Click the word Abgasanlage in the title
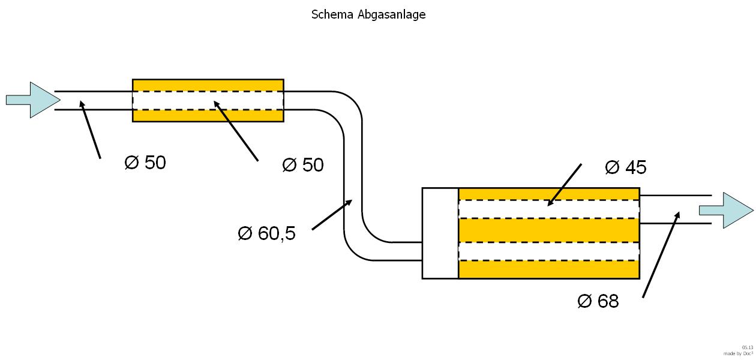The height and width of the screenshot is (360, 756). coord(391,14)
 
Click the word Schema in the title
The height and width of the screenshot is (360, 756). coord(332,14)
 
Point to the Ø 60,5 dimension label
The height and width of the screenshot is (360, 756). coord(267,233)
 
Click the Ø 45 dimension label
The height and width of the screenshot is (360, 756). coord(626,167)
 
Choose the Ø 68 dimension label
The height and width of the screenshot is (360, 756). coord(598,301)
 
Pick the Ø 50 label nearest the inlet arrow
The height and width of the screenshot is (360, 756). coord(145,162)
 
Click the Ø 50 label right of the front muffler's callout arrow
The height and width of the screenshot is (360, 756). coord(303,164)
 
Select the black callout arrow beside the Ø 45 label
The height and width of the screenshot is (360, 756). coord(565,184)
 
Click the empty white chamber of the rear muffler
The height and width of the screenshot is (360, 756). coord(440,233)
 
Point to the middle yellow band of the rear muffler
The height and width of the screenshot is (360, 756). coord(548,230)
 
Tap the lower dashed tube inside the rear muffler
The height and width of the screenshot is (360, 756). coord(548,251)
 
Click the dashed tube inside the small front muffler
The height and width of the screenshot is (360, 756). coord(208,100)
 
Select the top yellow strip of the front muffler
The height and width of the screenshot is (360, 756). coord(208,85)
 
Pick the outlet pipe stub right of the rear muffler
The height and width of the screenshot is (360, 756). coord(675,209)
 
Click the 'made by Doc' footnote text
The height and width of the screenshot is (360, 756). coord(738,353)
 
